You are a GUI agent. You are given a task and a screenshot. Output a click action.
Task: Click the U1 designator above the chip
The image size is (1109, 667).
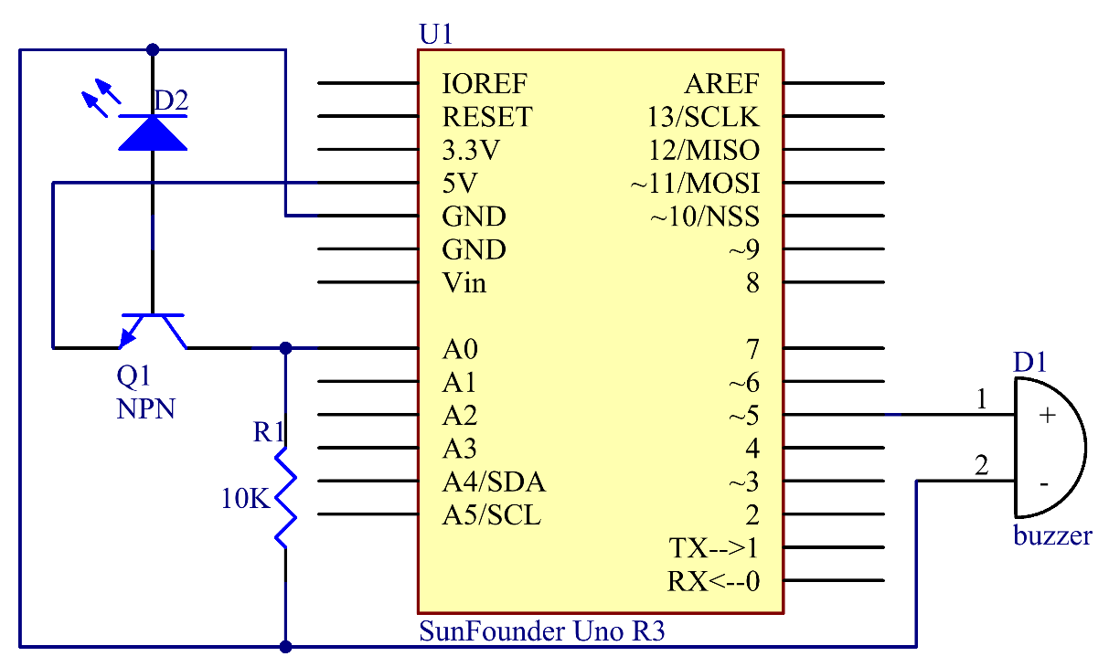[x=436, y=34]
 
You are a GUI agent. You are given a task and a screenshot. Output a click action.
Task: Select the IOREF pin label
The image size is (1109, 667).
[x=485, y=83]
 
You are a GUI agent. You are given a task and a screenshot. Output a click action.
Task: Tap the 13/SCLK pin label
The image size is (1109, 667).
[x=703, y=117]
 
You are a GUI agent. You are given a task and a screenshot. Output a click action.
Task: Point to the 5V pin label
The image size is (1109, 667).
[x=460, y=183]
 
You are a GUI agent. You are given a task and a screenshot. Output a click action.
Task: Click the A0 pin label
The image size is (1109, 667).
[x=460, y=349]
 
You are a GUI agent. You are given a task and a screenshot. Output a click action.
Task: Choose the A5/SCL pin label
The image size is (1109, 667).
[x=492, y=514]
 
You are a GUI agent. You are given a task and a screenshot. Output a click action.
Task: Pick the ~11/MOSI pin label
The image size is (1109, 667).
[x=695, y=183]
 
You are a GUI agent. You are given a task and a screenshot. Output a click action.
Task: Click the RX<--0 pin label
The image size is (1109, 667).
[x=713, y=581]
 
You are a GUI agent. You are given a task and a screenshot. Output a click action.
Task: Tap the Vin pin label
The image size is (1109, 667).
[x=464, y=282]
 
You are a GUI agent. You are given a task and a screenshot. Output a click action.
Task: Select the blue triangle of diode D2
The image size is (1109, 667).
[x=153, y=133]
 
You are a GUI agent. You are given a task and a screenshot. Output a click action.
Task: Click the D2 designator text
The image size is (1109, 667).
[x=171, y=100]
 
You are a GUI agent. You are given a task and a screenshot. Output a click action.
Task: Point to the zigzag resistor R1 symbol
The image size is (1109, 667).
[x=285, y=498]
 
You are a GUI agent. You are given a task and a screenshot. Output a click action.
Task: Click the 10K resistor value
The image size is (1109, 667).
[x=246, y=498]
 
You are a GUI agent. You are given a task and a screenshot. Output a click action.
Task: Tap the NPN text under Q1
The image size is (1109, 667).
[x=146, y=408]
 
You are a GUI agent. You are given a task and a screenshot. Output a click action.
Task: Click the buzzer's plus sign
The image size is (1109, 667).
[x=1047, y=415]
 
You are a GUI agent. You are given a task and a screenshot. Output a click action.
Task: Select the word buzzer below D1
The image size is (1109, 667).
[x=1052, y=535]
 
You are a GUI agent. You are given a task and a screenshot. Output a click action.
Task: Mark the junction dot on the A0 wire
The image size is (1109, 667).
[x=285, y=348]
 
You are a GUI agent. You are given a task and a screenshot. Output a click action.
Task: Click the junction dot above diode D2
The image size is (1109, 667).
[x=153, y=49]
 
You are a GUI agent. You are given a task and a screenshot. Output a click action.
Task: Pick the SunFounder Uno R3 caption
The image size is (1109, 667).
[x=541, y=630]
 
